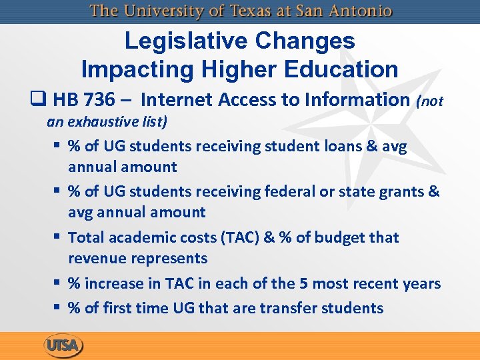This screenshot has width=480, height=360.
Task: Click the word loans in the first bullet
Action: [x=335, y=146]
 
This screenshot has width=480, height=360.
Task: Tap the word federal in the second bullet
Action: [x=291, y=192]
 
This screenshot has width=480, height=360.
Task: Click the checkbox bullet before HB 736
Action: [x=38, y=100]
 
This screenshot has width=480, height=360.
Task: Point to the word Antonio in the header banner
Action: [x=361, y=11]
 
